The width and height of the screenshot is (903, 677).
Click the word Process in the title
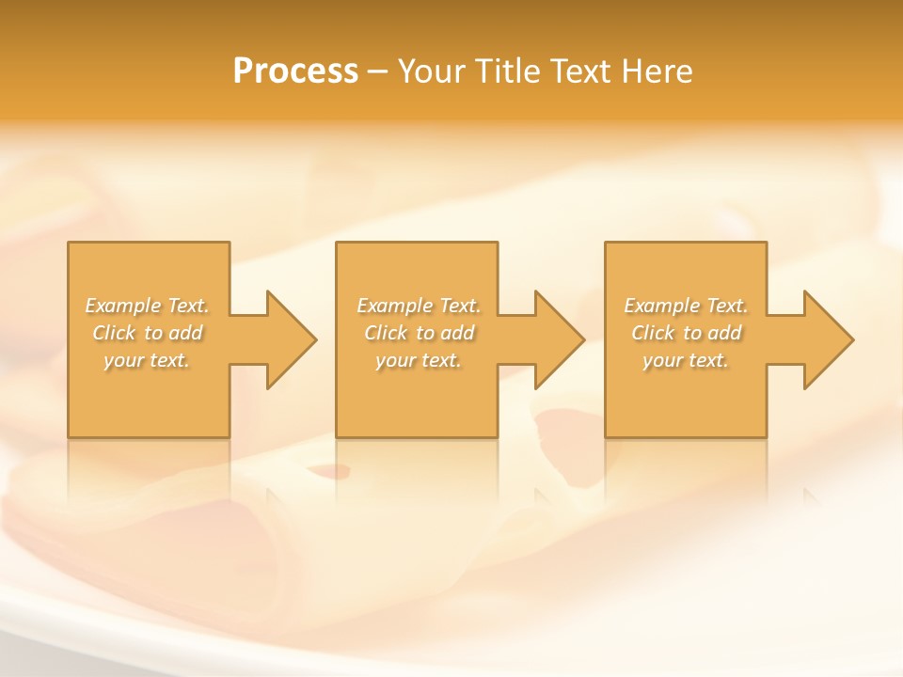295,71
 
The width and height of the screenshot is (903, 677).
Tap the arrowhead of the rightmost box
827,339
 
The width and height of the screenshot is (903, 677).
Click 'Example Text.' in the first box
148,306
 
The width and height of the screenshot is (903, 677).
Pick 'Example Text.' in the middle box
419,306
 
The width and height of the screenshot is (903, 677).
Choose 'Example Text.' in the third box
686,306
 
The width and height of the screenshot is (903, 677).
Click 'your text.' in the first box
148,360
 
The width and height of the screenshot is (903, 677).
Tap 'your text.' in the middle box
419,360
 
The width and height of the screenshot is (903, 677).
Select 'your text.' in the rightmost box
686,360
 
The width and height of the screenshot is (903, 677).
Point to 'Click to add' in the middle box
419,333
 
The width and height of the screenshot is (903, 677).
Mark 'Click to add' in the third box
686,333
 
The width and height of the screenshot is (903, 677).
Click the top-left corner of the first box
69,243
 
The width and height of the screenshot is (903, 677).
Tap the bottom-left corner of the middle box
337,436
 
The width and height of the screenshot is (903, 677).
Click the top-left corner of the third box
606,243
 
